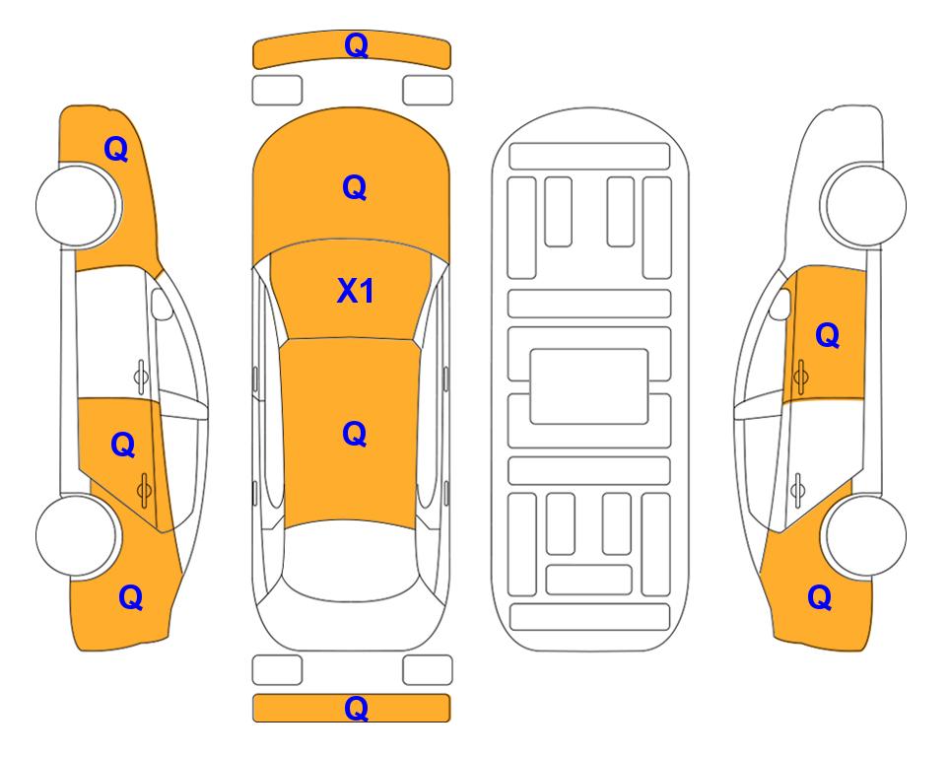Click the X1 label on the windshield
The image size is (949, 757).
pyautogui.click(x=356, y=291)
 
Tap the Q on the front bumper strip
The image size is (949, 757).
pyautogui.click(x=356, y=45)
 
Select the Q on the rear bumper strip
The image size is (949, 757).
pyautogui.click(x=356, y=708)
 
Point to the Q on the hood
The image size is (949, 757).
pyautogui.click(x=355, y=187)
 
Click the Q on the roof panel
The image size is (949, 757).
pyautogui.click(x=355, y=434)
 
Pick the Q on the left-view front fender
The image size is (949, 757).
pyautogui.click(x=116, y=149)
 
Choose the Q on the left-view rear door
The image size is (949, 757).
pyautogui.click(x=123, y=446)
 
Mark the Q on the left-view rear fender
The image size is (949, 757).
pyautogui.click(x=131, y=597)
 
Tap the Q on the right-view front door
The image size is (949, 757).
pyautogui.click(x=828, y=335)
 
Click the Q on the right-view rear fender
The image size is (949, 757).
pyautogui.click(x=820, y=597)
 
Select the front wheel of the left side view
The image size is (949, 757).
pyautogui.click(x=78, y=205)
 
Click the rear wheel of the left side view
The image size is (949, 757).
pyautogui.click(x=77, y=535)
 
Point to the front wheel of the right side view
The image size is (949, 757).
pyautogui.click(x=863, y=205)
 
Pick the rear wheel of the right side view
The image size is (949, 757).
pyautogui.click(x=865, y=535)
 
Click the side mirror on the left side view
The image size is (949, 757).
pyautogui.click(x=161, y=304)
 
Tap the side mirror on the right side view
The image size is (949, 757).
pyautogui.click(x=780, y=304)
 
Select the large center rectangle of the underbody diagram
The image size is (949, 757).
pyautogui.click(x=589, y=386)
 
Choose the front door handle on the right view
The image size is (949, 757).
pyautogui.click(x=800, y=377)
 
